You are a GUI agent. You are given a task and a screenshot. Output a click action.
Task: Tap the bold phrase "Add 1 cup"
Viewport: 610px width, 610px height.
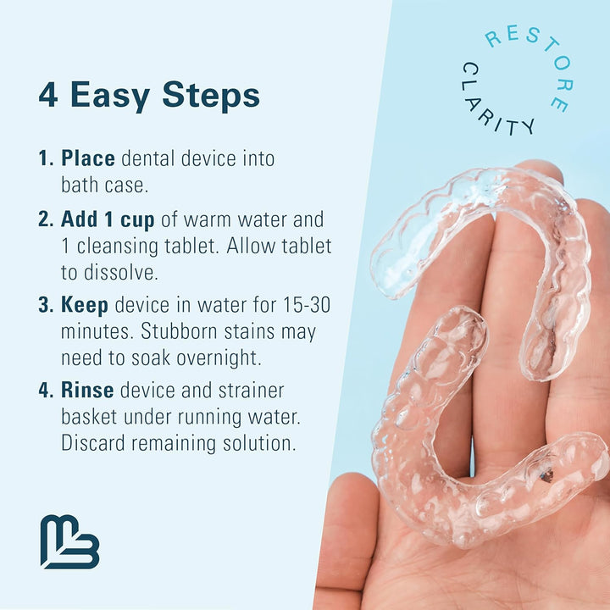click(x=108, y=219)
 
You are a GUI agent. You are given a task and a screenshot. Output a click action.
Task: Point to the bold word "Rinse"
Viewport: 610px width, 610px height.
click(x=88, y=391)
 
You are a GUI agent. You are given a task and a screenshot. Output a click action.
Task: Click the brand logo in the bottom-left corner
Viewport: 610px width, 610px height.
click(x=69, y=541)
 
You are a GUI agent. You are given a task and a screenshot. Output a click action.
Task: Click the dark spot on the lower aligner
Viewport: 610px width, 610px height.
click(x=546, y=476)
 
